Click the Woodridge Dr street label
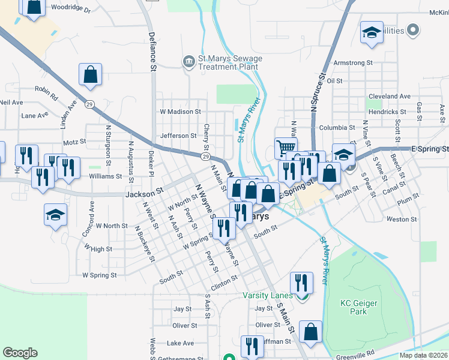(70, 10)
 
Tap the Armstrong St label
(353, 62)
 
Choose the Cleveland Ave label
(390, 96)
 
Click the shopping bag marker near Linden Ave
(90, 75)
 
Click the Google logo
(20, 353)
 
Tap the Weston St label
(397, 220)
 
